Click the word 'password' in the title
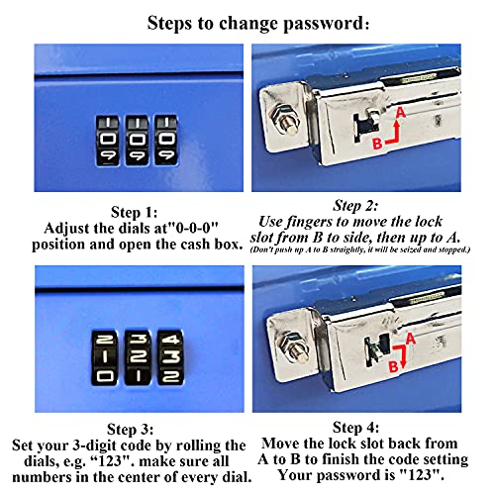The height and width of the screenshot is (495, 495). pyautogui.click(x=325, y=24)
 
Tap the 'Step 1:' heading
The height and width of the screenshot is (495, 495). pyautogui.click(x=134, y=212)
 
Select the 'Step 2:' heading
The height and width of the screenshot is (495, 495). pyautogui.click(x=355, y=206)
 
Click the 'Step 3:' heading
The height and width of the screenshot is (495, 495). pyautogui.click(x=130, y=430)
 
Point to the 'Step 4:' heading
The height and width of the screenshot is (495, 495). pyautogui.click(x=355, y=428)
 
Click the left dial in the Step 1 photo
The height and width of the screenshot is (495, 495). pyautogui.click(x=108, y=141)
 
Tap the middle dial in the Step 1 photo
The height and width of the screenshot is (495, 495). pyautogui.click(x=137, y=141)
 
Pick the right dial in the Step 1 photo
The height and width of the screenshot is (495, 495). pyautogui.click(x=166, y=140)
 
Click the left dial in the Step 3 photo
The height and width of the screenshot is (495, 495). pyautogui.click(x=104, y=358)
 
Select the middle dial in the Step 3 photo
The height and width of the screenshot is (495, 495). pyautogui.click(x=138, y=357)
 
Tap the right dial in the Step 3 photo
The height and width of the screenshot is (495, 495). pyautogui.click(x=170, y=357)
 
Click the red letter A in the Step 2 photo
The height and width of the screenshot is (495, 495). pyautogui.click(x=401, y=113)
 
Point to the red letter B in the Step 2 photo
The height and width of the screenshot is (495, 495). pyautogui.click(x=377, y=144)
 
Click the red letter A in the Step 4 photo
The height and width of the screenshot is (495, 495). pyautogui.click(x=410, y=339)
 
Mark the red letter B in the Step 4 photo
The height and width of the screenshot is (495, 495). pyautogui.click(x=393, y=366)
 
